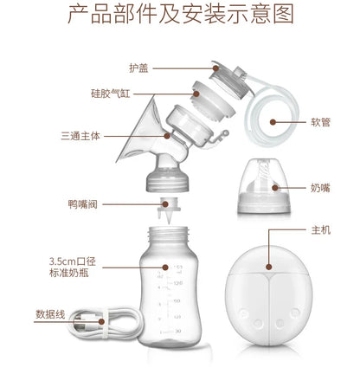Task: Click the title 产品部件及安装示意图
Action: click(180, 16)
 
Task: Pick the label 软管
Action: click(319, 122)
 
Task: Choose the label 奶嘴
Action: click(319, 187)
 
